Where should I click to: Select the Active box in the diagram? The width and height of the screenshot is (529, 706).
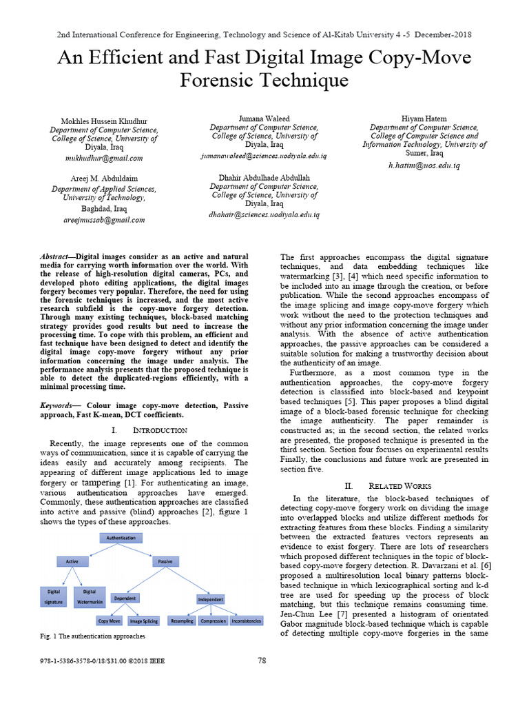point(72,562)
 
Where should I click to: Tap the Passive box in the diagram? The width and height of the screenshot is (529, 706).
point(165,562)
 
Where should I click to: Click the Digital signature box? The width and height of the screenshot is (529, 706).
point(54,596)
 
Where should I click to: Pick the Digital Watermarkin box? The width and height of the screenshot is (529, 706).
point(90,596)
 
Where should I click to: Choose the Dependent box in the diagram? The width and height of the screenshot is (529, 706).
point(125,598)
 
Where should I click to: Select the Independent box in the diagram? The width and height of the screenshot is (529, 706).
point(211,599)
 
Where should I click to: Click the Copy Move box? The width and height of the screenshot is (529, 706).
point(110,621)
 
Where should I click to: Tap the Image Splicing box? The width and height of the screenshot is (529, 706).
point(144,621)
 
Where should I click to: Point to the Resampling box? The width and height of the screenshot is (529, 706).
point(181,621)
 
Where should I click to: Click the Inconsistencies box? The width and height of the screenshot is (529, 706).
point(246,621)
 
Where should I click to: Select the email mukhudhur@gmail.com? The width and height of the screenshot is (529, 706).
point(104,158)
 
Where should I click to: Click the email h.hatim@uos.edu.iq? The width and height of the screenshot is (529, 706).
point(424,165)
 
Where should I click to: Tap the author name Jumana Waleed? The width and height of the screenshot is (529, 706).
point(264,119)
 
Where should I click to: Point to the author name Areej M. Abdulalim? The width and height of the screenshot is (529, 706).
point(104,178)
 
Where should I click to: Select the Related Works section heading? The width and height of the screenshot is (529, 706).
point(384,485)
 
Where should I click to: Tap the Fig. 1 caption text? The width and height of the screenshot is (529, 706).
point(92,636)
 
